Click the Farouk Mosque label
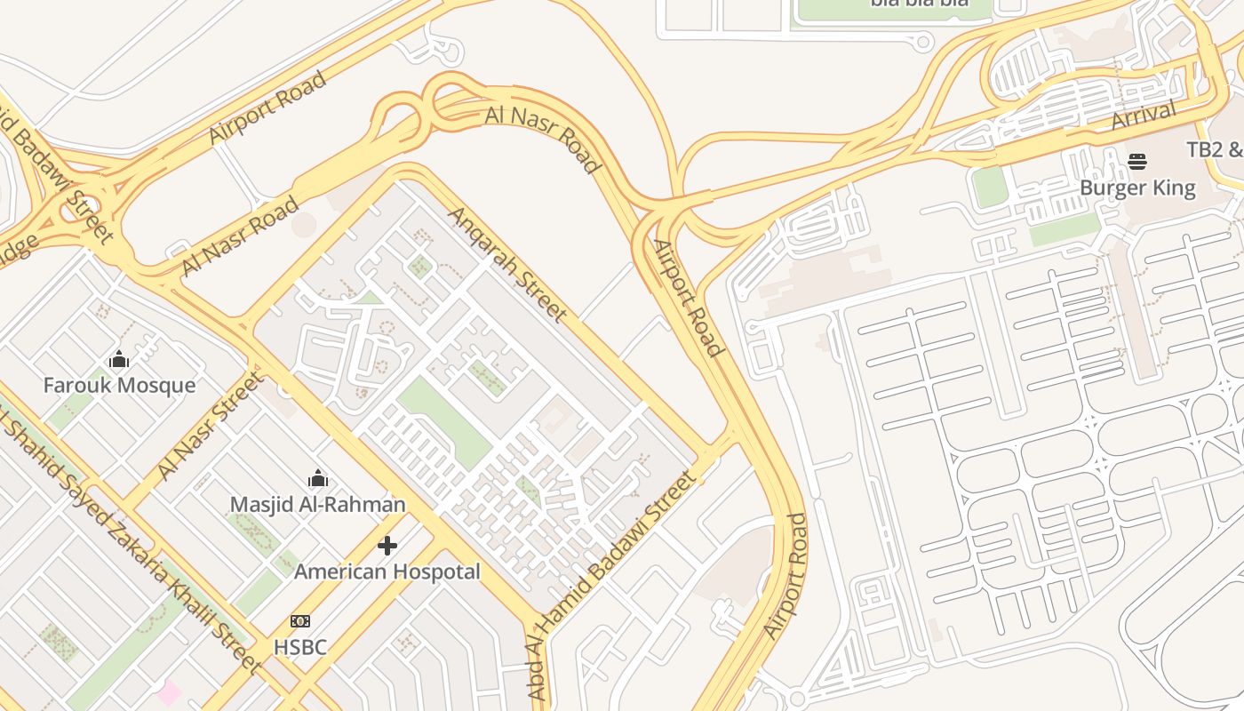tap(119, 385)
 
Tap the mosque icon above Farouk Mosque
tap(119, 360)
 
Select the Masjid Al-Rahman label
tap(317, 505)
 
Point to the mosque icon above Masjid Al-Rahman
tap(317, 480)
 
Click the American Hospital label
tap(387, 571)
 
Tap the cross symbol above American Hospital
tap(387, 546)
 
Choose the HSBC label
tap(300, 647)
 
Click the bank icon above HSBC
tap(300, 621)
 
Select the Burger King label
tap(1137, 188)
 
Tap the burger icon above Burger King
tap(1137, 162)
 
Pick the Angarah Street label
tap(506, 264)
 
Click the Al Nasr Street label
tap(211, 427)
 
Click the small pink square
tap(169, 692)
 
